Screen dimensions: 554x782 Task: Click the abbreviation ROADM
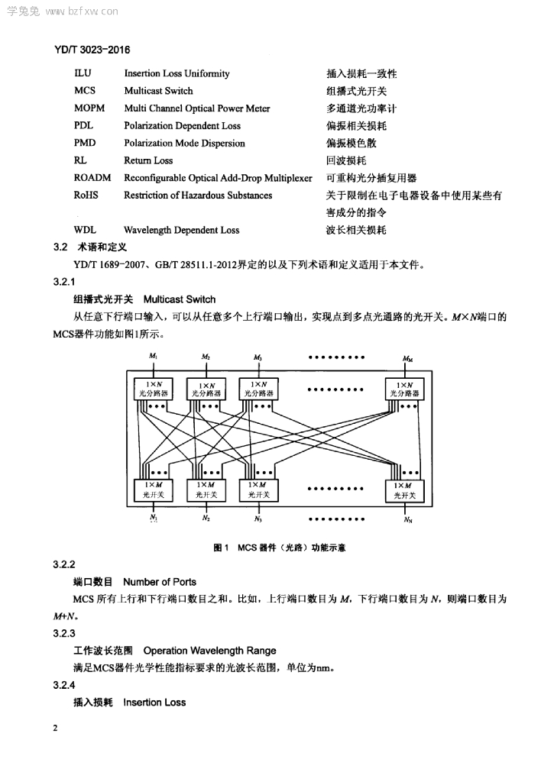tap(92, 178)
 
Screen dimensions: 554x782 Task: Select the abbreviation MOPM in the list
tap(89, 108)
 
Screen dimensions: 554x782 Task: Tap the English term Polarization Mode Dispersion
tap(185, 143)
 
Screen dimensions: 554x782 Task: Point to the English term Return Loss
tap(148, 160)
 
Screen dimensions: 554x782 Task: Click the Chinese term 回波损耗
tap(346, 160)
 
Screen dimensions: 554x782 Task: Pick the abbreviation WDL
tap(85, 230)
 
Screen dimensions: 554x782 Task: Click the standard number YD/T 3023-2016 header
tap(92, 50)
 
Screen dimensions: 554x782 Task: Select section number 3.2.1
tap(64, 282)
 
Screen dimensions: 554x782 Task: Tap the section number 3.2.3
tap(64, 633)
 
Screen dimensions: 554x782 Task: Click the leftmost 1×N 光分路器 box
tap(154, 389)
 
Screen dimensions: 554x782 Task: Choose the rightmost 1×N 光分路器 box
tap(405, 389)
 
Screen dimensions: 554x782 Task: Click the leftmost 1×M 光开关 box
tap(154, 490)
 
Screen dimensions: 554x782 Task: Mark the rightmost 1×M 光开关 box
tap(405, 491)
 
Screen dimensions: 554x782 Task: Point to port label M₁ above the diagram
tap(154, 357)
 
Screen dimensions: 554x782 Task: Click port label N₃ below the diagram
tap(258, 519)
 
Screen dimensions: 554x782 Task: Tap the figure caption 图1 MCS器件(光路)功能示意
tap(279, 548)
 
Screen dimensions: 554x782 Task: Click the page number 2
tap(55, 728)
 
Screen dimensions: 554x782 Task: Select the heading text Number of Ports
tap(160, 582)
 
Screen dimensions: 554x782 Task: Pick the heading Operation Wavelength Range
tap(209, 651)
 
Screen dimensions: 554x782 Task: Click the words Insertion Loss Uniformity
tap(177, 73)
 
